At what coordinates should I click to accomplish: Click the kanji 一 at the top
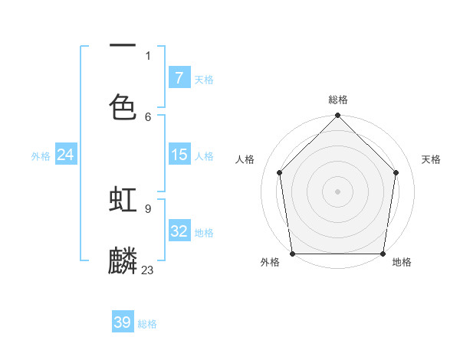[x=123, y=47]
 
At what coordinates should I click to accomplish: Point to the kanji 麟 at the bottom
[x=123, y=261]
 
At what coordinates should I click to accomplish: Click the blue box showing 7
[x=179, y=78]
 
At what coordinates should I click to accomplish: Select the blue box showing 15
[x=179, y=155]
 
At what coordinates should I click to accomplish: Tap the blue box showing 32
[x=179, y=231]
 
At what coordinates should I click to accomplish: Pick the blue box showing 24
[x=66, y=155]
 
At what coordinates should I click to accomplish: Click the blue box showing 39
[x=123, y=322]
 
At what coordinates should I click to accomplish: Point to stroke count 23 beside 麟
[x=147, y=270]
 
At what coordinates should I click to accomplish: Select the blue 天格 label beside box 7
[x=204, y=79]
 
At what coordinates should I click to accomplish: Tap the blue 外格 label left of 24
[x=41, y=155]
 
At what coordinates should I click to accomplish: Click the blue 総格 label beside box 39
[x=147, y=324]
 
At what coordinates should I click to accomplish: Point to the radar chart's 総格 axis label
[x=338, y=100]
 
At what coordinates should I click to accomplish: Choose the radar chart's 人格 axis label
[x=245, y=159]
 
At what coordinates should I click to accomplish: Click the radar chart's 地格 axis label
[x=402, y=263]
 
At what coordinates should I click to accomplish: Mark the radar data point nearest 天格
[x=396, y=172]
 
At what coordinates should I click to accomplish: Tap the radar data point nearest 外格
[x=292, y=254]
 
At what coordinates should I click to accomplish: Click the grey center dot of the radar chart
[x=337, y=191]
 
